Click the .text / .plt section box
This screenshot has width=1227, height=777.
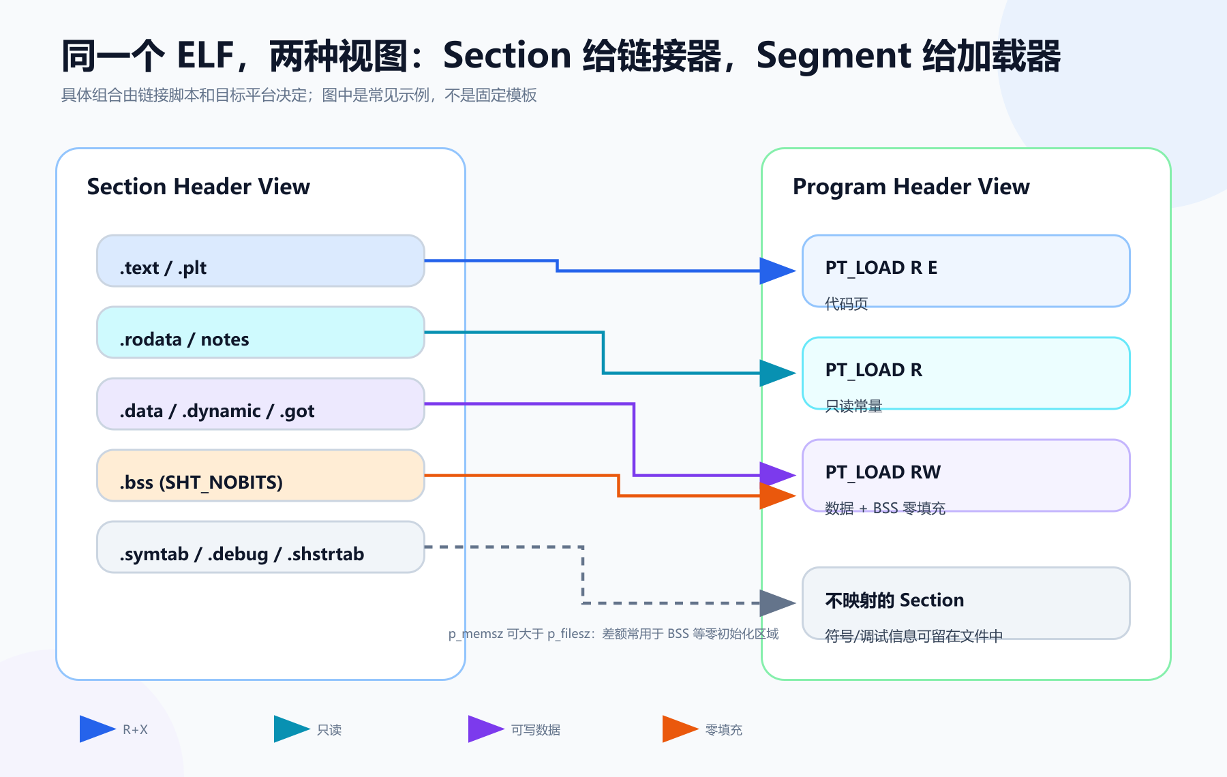(260, 261)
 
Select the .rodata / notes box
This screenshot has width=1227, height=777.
(260, 333)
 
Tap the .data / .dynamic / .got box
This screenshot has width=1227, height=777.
(260, 404)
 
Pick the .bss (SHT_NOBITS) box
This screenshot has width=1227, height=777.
(260, 476)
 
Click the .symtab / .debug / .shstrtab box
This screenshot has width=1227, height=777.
(260, 547)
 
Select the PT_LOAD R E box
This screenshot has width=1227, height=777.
(966, 271)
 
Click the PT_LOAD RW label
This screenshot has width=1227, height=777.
(883, 472)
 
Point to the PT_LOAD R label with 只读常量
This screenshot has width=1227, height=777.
(873, 370)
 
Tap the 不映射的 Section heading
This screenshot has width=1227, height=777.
(894, 600)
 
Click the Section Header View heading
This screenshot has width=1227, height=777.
(198, 187)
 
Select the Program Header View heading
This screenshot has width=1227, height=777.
(911, 187)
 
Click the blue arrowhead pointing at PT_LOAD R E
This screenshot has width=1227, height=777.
(778, 271)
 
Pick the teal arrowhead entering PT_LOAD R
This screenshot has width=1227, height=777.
(778, 374)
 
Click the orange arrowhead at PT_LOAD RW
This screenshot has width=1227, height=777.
(778, 496)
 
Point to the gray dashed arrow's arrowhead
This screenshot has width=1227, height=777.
(778, 603)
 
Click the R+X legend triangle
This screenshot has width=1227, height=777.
(97, 729)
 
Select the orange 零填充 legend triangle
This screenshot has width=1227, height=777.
(680, 729)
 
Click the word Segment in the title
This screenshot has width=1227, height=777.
(834, 56)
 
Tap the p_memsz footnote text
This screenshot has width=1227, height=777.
(613, 634)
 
